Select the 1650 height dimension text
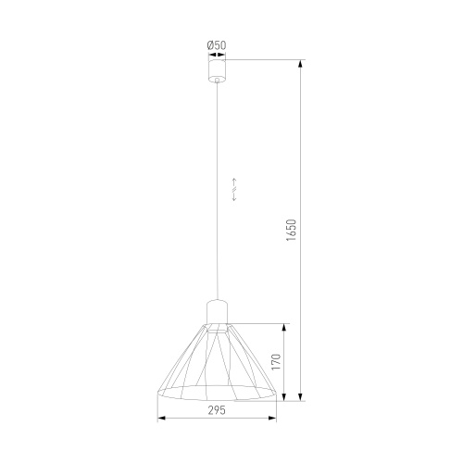tap(291, 231)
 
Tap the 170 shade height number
tap(275, 362)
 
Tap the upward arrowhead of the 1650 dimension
tap(302, 65)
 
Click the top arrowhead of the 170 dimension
tap(286, 327)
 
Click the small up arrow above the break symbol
tap(234, 178)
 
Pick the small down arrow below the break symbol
tap(234, 198)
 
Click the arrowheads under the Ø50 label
tap(216, 56)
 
